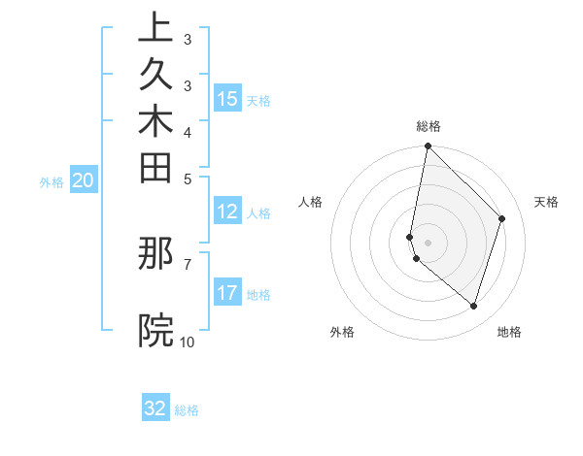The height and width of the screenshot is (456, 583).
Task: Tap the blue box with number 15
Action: click(227, 99)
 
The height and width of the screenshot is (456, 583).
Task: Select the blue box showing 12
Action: click(227, 212)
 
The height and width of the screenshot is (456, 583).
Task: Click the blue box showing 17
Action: click(227, 293)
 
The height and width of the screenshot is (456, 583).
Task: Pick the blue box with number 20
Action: click(84, 180)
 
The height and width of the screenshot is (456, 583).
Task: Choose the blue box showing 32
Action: click(155, 408)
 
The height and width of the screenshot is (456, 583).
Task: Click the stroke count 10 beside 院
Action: click(187, 342)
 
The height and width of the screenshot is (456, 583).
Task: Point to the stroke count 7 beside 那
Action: click(187, 263)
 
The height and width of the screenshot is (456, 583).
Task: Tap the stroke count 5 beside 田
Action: click(187, 179)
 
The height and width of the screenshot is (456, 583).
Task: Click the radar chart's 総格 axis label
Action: click(429, 126)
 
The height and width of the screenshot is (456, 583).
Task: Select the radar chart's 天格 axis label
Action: click(546, 202)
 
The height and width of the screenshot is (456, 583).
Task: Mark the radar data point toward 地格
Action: click(473, 306)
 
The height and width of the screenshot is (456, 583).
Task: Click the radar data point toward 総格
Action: click(428, 147)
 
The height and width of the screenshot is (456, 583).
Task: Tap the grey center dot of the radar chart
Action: click(428, 242)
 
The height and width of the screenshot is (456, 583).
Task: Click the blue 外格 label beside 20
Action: click(52, 181)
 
